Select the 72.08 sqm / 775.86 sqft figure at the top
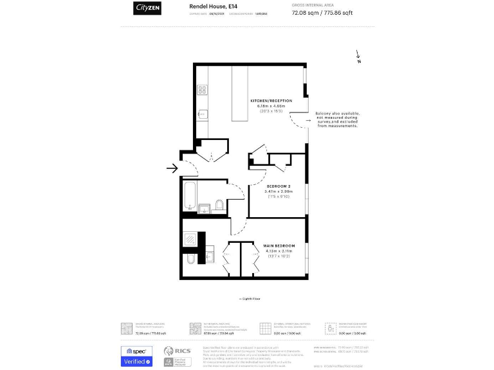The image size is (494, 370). click(x=322, y=12)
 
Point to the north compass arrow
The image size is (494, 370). click(x=358, y=57)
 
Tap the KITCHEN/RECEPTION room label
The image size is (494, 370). click(x=271, y=101)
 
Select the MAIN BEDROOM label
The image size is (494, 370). click(x=279, y=246)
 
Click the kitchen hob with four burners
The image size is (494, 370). click(x=202, y=90)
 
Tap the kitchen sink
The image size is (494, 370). click(x=201, y=114)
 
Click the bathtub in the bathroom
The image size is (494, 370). click(x=188, y=195)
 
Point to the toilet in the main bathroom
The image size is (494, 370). click(x=219, y=205)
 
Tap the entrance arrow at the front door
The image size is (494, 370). click(x=172, y=169)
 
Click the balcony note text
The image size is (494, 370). click(x=337, y=120)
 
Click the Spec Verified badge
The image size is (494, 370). click(x=136, y=357)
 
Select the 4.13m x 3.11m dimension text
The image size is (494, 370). click(x=279, y=251)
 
